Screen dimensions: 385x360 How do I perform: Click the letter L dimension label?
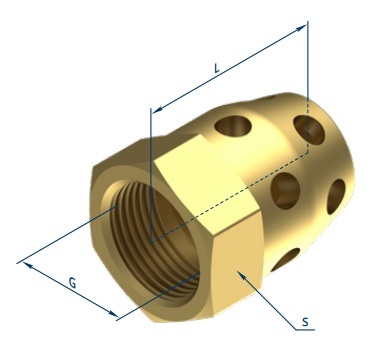(217, 68)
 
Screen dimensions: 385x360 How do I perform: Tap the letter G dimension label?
(72, 283)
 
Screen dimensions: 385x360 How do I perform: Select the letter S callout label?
(305, 322)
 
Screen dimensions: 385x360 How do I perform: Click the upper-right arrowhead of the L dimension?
(301, 28)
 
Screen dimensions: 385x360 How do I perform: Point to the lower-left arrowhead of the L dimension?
(157, 109)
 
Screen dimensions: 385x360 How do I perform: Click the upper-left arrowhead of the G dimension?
(28, 266)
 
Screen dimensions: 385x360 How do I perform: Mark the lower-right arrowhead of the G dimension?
(113, 313)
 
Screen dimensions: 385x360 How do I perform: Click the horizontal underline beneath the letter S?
(305, 330)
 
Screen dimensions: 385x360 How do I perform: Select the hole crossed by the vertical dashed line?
(309, 130)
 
